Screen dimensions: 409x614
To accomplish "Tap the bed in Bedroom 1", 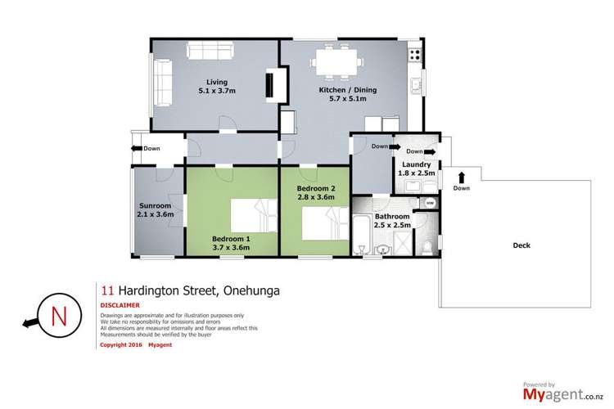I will point(245,216).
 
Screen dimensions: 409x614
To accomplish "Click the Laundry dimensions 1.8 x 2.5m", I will point(417,173).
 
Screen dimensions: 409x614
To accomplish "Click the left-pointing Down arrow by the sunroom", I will point(135,148).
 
